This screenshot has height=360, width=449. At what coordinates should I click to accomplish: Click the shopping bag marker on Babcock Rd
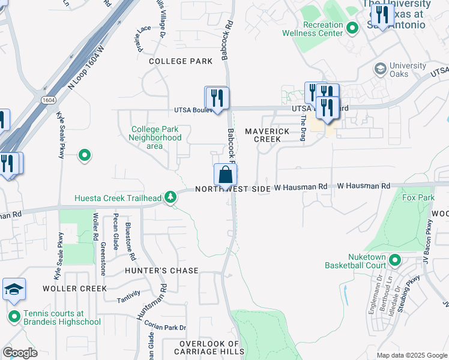pos(225,175)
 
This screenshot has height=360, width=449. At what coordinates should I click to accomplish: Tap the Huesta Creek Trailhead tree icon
pos(171,197)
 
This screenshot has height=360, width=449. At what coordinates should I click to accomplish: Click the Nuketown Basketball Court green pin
pos(394,260)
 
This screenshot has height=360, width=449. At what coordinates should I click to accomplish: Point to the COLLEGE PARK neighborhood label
pos(181,61)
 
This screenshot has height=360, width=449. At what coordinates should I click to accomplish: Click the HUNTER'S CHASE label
pos(161,271)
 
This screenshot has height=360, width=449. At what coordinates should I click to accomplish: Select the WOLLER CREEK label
pos(74,289)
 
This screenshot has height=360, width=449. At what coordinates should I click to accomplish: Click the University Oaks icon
pos(379,68)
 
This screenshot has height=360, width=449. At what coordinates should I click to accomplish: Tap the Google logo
pos(20,353)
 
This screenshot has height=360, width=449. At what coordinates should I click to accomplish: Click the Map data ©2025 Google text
pos(412,355)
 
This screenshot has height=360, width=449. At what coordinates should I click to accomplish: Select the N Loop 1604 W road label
pos(89,64)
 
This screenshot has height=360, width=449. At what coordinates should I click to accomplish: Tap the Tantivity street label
pos(129,293)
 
